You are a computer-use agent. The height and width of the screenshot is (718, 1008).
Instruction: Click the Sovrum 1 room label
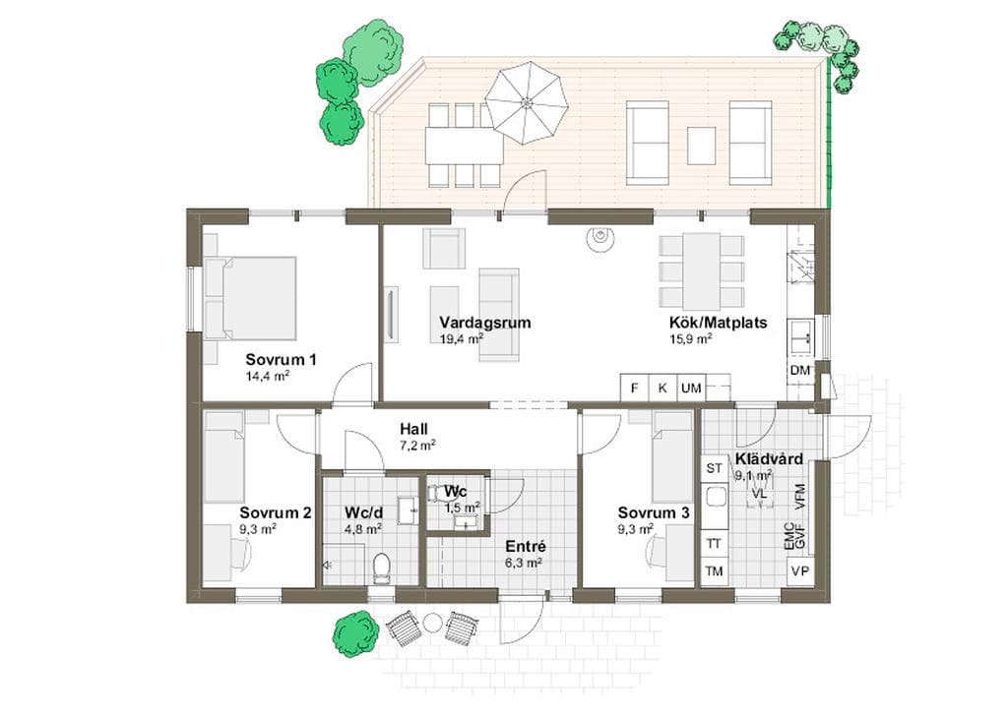pos(281,360)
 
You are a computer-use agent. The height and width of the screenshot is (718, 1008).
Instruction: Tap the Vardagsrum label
pos(485,323)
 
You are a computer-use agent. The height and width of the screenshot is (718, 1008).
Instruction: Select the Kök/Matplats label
pos(718,323)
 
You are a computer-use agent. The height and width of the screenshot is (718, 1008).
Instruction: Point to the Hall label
pos(413,429)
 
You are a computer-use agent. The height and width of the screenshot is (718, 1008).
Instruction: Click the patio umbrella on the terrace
pos(527,102)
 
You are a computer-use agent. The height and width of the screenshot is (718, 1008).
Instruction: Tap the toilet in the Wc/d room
pos(382,568)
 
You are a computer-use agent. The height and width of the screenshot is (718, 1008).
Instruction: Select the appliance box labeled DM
pos(799,371)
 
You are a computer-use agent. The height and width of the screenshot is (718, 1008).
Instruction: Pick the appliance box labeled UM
pos(691,388)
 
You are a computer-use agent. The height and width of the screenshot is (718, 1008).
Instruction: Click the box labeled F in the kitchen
pos(635,388)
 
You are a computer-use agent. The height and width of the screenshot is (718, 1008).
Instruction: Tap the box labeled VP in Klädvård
pos(800,570)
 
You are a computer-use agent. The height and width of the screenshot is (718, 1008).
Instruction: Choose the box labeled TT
pos(715,543)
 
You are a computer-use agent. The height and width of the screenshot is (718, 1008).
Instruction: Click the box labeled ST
pos(715,468)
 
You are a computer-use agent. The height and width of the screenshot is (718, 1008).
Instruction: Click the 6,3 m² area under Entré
pos(524,564)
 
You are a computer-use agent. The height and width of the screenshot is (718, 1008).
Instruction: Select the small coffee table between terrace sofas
pos(701,146)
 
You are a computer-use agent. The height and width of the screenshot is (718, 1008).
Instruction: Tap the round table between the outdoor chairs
pos(432,623)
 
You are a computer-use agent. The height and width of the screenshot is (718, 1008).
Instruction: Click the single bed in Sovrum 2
pos(223,457)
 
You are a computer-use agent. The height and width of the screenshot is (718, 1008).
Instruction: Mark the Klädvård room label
pos(769,459)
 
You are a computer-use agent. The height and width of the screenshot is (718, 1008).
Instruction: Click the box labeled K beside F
pos(662,388)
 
